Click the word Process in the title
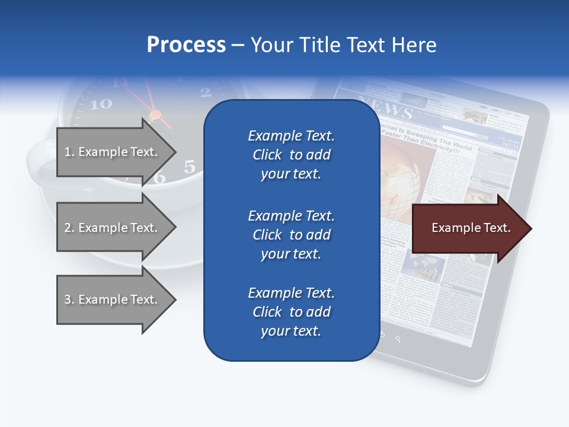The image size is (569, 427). coord(186,45)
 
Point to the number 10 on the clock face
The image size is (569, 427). coord(101,104)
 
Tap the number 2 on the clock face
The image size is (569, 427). coord(206,92)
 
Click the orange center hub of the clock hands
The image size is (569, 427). coord(155,114)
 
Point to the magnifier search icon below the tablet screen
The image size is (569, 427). coord(398,339)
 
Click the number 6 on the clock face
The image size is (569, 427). coord(159,178)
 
